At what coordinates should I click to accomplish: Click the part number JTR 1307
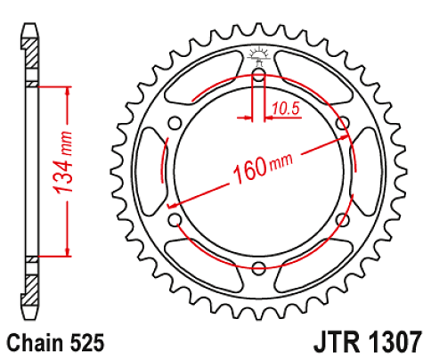[x=367, y=341]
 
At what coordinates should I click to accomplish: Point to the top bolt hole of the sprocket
[x=259, y=77]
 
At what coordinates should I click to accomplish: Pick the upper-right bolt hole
[x=342, y=124]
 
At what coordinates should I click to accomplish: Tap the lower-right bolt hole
[x=342, y=219]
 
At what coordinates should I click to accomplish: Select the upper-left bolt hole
[x=176, y=124]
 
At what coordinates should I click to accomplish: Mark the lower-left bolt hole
[x=176, y=219]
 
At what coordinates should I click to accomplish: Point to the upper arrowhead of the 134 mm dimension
[x=66, y=90]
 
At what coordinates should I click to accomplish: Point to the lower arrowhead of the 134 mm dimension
[x=66, y=252]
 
